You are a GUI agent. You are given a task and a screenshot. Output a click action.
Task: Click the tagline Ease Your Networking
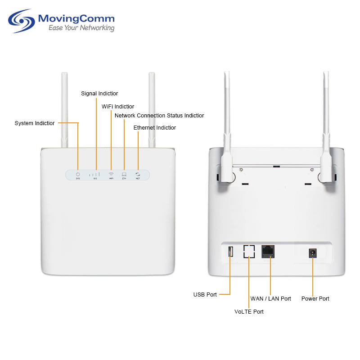[x=81, y=28]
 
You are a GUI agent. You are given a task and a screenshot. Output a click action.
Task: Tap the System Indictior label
[x=35, y=123]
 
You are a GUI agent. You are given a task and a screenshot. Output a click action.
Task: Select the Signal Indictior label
[x=99, y=94]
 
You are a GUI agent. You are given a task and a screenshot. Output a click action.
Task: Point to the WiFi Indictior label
[x=118, y=107]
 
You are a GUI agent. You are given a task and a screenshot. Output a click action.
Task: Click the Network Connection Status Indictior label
[x=159, y=116]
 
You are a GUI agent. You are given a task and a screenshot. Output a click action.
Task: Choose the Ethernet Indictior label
[x=155, y=128]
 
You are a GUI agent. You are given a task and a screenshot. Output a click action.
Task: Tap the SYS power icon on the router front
[x=78, y=174]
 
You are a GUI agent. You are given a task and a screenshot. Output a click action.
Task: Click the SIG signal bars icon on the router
[x=95, y=174]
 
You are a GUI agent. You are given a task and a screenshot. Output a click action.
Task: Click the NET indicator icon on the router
[x=138, y=174]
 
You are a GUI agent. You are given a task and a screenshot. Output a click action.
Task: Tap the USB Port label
[x=205, y=295]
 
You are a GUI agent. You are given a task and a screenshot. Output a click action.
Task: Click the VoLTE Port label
[x=249, y=311]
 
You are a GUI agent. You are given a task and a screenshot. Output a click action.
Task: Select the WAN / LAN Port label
[x=270, y=298]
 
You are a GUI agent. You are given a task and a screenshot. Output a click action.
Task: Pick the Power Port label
[x=315, y=298]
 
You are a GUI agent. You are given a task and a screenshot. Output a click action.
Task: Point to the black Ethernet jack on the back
[x=268, y=252]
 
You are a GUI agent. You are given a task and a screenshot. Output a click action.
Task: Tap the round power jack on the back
[x=312, y=253]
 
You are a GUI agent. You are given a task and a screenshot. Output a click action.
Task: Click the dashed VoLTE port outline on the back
[x=249, y=252]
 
